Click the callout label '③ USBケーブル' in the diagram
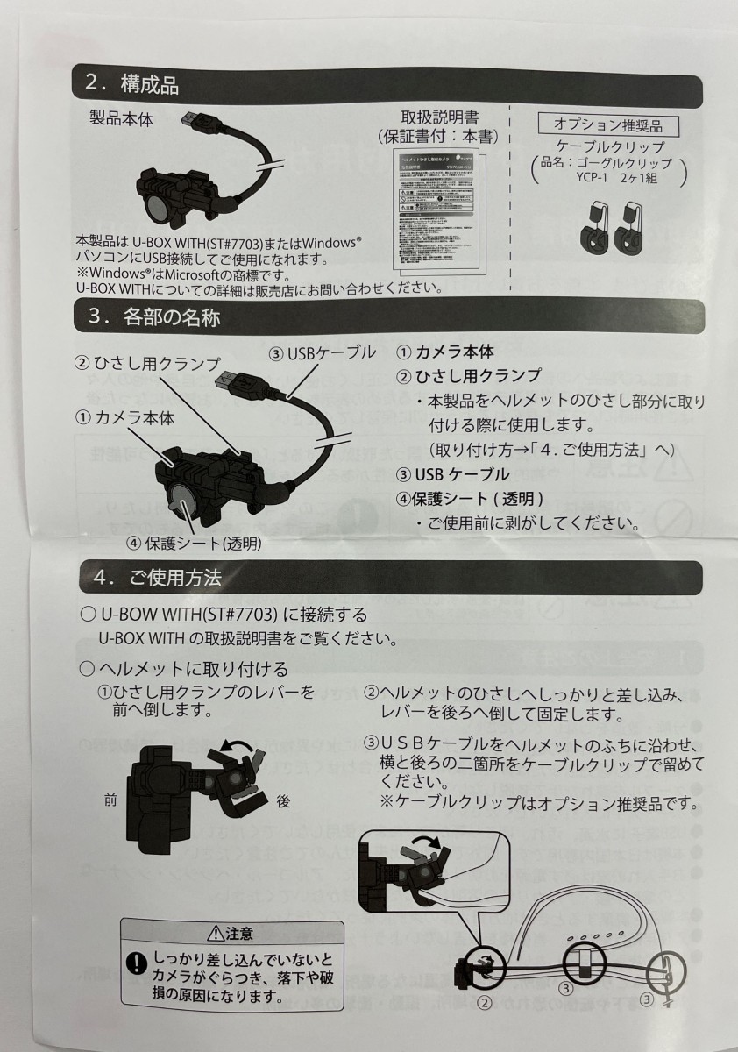point(322,353)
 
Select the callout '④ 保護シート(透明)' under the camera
point(194,543)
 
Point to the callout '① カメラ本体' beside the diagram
point(124,417)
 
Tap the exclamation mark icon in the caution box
point(137,964)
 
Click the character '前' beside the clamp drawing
point(110,800)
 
